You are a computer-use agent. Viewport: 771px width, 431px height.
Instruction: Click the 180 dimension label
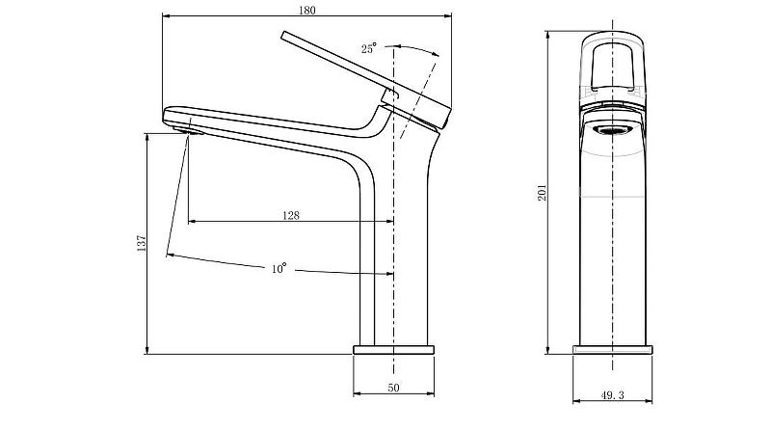306,10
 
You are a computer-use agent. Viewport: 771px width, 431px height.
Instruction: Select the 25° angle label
369,48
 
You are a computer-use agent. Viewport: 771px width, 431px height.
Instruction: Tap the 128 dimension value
291,216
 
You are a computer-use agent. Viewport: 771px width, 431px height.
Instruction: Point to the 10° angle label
279,269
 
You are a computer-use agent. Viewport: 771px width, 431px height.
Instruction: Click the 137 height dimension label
142,244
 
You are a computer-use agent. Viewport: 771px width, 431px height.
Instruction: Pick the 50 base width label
393,388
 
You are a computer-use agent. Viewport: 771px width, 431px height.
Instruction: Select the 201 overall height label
542,193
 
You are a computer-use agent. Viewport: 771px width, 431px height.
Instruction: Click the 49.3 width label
612,395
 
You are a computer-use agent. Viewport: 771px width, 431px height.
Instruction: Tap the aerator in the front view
612,130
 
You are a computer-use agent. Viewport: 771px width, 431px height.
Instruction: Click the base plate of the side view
393,349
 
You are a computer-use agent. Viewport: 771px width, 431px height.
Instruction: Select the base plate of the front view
612,349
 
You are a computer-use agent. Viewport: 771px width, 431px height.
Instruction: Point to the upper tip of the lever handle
283,34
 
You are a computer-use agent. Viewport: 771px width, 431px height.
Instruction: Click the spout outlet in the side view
188,130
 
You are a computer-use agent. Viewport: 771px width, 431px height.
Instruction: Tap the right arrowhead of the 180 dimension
447,15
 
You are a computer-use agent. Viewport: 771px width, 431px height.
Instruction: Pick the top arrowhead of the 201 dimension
547,36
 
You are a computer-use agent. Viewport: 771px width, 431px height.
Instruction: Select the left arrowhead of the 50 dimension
358,393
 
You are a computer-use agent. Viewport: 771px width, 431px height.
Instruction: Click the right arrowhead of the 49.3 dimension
648,401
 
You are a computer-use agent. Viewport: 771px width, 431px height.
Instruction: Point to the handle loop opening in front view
612,65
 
